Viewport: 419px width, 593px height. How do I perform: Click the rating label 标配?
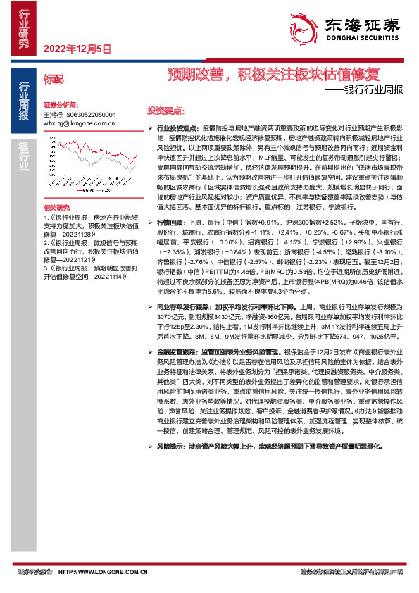pyautogui.click(x=53, y=79)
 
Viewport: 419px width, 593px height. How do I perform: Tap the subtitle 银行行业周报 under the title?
pyautogui.click(x=366, y=90)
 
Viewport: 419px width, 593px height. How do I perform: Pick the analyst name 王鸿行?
pyautogui.click(x=53, y=113)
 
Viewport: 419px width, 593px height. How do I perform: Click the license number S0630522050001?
pyautogui.click(x=91, y=113)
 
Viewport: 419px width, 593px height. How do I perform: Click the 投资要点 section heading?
pyautogui.click(x=165, y=111)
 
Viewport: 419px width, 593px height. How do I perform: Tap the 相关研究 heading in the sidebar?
pyautogui.click(x=57, y=206)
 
